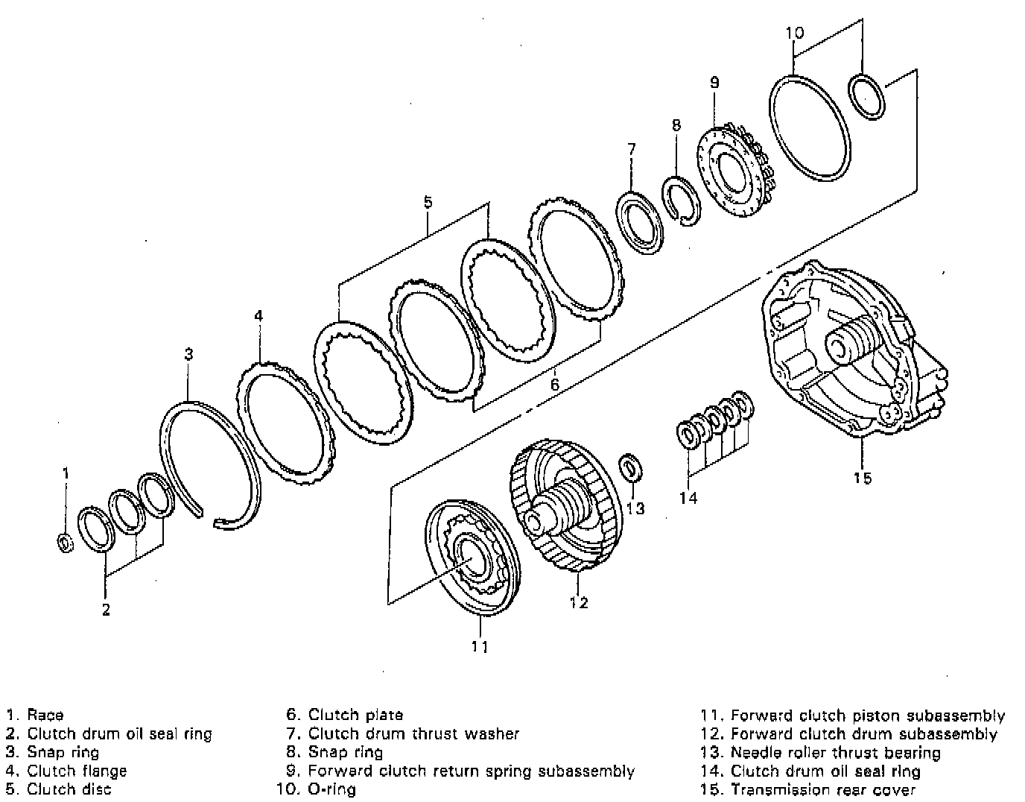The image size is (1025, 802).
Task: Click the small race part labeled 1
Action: (65, 543)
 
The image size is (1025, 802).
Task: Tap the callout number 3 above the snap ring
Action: (189, 354)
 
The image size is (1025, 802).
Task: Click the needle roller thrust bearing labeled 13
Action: (629, 467)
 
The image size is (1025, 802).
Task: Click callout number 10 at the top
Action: (795, 33)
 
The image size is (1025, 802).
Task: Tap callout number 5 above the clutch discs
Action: (428, 201)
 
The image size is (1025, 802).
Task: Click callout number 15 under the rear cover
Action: (862, 478)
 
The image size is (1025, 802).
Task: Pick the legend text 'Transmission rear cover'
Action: (822, 789)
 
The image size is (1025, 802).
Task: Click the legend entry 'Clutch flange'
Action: (77, 771)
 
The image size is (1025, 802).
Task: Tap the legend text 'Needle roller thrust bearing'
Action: (835, 752)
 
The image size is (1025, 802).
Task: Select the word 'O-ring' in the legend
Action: (331, 789)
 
